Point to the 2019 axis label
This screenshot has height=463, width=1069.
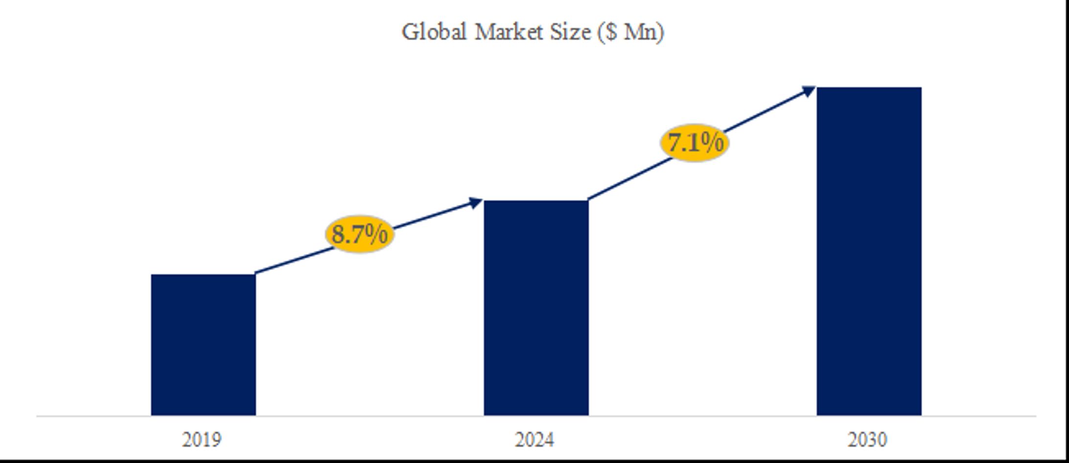coord(201,439)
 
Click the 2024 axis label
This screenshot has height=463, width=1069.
coord(534,439)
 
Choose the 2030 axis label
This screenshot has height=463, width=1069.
coord(867,439)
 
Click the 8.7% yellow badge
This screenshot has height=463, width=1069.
coord(360,234)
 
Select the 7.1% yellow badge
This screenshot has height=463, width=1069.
coord(695,143)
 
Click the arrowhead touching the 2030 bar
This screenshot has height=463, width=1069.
coord(809,91)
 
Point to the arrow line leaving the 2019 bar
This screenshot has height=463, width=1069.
coord(294,261)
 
